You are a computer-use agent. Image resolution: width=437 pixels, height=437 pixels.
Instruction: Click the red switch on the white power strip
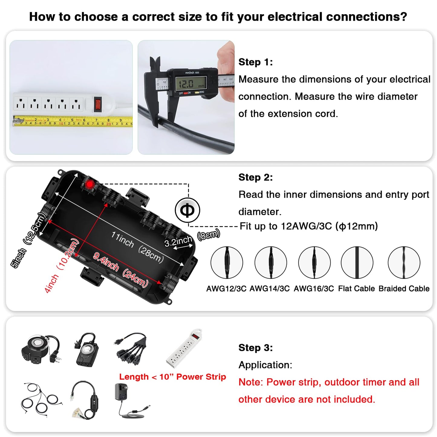click(97, 103)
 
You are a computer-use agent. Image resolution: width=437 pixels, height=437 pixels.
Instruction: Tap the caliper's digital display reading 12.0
click(191, 83)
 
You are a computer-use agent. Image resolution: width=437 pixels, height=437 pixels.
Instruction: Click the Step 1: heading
click(256, 62)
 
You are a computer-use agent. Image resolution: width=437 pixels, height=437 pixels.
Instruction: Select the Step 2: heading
click(256, 177)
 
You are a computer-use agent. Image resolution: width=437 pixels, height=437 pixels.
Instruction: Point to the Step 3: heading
click(256, 348)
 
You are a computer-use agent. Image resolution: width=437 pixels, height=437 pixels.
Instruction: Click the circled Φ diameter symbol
click(188, 210)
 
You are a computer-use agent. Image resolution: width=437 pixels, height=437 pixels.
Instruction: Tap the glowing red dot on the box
click(90, 184)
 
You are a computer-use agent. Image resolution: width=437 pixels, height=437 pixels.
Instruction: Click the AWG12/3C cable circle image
click(227, 262)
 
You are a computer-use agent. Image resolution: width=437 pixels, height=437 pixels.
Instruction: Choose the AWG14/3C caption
click(269, 289)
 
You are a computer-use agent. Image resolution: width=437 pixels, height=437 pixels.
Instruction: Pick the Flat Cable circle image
click(357, 262)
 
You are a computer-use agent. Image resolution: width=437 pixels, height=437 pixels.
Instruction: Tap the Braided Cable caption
click(404, 289)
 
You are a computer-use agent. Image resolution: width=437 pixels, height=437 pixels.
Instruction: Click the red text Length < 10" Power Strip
click(172, 377)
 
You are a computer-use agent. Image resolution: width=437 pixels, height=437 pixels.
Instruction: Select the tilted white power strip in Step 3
click(184, 348)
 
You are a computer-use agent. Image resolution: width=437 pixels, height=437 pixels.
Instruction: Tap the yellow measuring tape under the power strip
click(73, 121)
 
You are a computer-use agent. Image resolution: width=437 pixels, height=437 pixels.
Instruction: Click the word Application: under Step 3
click(265, 365)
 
